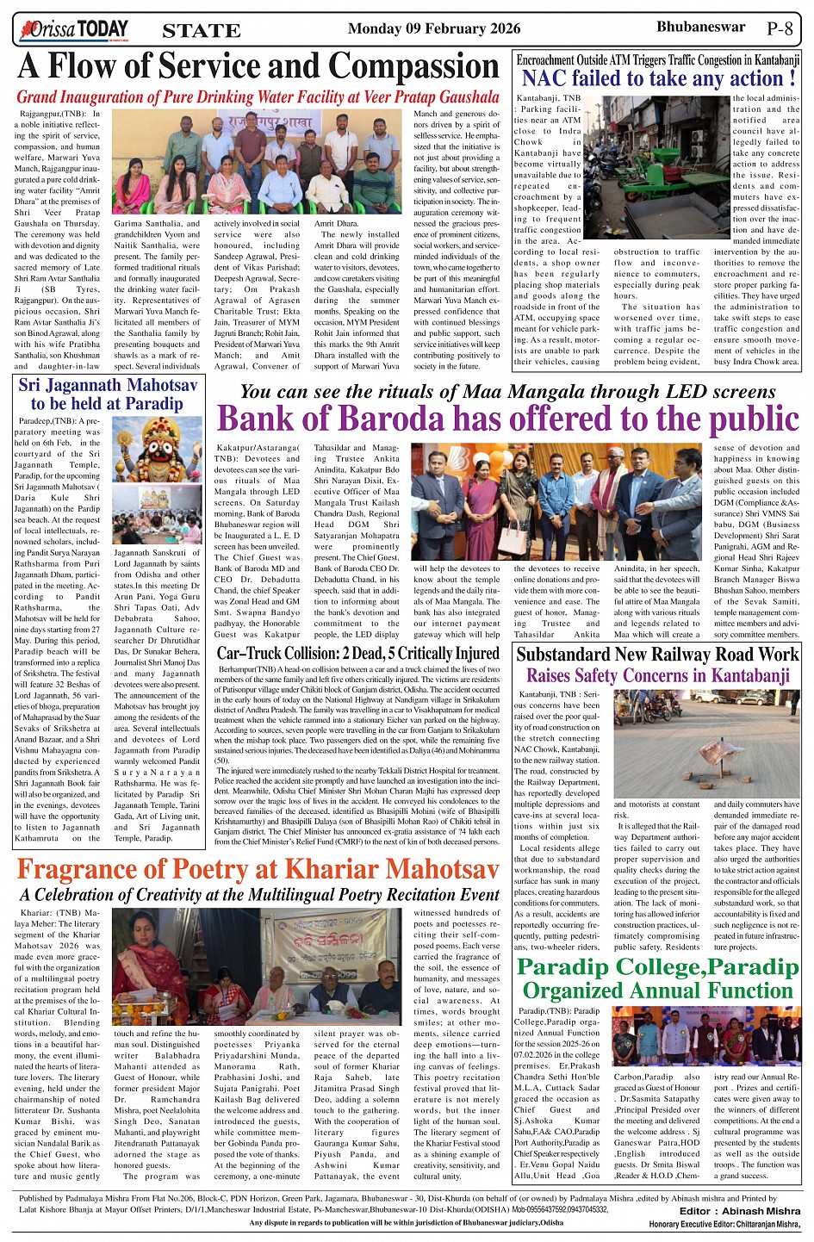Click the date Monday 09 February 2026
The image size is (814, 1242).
434,29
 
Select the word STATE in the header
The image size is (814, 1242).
202,32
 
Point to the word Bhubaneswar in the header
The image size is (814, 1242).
700,28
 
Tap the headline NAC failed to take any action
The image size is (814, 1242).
658,79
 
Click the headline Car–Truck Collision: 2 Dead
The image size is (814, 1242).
357,654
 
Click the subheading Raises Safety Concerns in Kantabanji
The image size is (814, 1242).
658,675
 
